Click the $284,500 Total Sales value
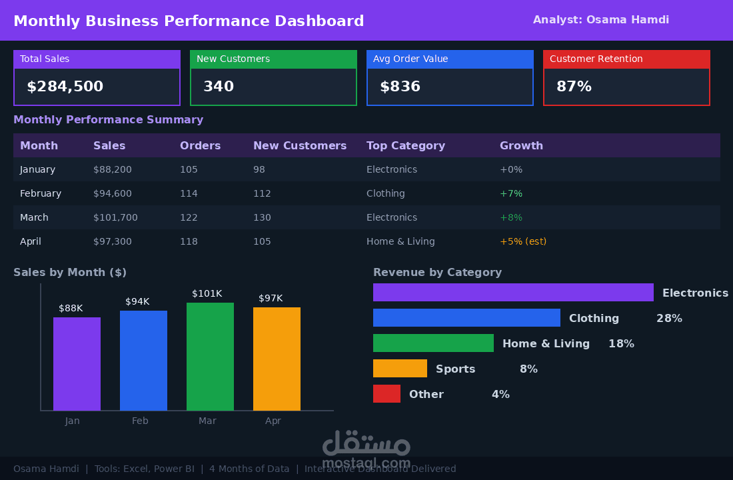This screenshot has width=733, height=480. (65, 87)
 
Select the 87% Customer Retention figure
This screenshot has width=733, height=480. (574, 87)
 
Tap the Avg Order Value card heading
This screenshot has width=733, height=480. (410, 59)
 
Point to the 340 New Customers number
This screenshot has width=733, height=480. (219, 87)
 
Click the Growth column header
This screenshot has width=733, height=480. (521, 145)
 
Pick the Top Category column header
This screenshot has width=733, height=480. (406, 146)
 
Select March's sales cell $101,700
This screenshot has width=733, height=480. (115, 217)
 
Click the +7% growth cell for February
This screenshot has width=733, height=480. (511, 193)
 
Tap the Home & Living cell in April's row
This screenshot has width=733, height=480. (400, 241)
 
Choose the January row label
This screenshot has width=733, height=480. (37, 169)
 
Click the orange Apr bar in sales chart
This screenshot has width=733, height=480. (277, 359)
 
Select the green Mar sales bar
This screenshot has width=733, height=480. (211, 357)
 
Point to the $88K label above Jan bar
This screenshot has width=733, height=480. (71, 308)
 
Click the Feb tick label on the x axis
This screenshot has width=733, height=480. (140, 421)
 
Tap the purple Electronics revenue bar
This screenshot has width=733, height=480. (513, 293)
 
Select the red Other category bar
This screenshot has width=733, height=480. (386, 393)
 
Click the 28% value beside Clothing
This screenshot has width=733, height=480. (669, 318)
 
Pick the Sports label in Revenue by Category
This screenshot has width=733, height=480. (455, 369)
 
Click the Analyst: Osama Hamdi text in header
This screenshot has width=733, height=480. (600, 19)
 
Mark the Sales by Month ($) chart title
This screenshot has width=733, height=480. (70, 272)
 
